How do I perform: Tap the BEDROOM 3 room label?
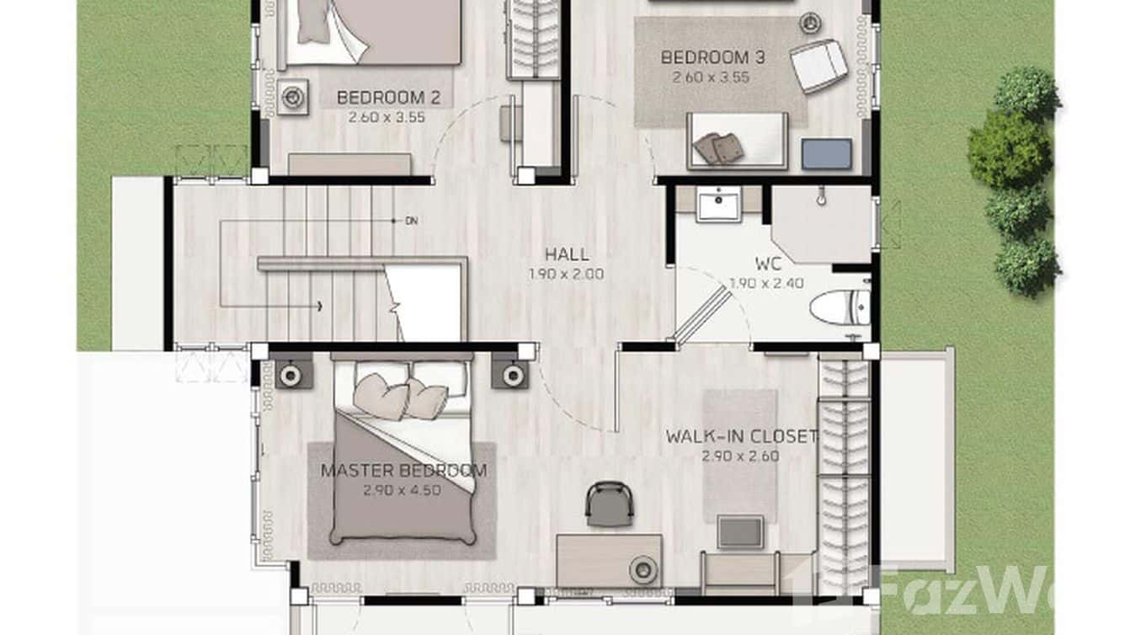click(x=712, y=58)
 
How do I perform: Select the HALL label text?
click(x=566, y=254)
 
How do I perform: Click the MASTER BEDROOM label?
click(x=403, y=471)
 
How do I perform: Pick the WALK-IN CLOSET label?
click(x=741, y=437)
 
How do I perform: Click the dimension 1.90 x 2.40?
click(x=766, y=284)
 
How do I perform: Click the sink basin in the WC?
click(x=719, y=204)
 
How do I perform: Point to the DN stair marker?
click(x=411, y=221)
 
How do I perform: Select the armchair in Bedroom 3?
click(x=818, y=65)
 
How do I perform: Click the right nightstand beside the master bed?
click(x=510, y=374)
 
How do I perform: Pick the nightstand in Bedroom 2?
click(x=292, y=98)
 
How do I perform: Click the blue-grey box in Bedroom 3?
click(x=826, y=154)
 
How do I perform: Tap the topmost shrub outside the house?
click(x=1026, y=92)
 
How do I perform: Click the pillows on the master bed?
click(x=400, y=397)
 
